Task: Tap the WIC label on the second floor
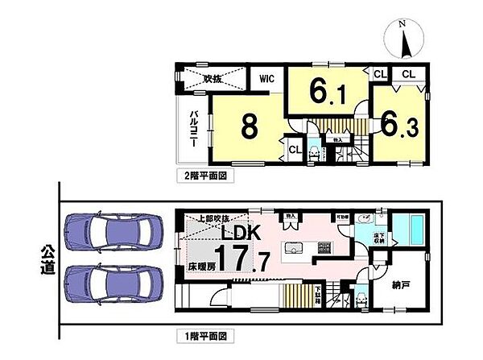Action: (x=266, y=79)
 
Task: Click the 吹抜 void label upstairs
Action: (x=213, y=79)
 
